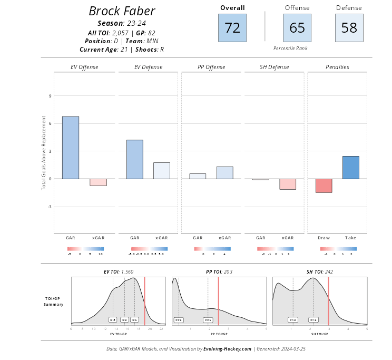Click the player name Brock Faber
(122, 11)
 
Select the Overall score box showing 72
(232, 28)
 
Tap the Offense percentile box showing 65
(297, 28)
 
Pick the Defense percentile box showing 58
(349, 28)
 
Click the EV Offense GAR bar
(71, 148)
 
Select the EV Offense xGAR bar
(98, 182)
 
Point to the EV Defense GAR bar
(134, 159)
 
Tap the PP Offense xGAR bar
(225, 172)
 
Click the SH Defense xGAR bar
(288, 184)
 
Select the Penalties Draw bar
(324, 186)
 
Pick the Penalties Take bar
(351, 167)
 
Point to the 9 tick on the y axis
(50, 96)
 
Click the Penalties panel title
(337, 67)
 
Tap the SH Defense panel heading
(274, 67)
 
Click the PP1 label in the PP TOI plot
(208, 319)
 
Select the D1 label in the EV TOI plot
(134, 319)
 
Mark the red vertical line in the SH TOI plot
(328, 300)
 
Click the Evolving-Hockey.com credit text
(227, 349)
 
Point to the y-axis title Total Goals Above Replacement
(44, 152)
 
